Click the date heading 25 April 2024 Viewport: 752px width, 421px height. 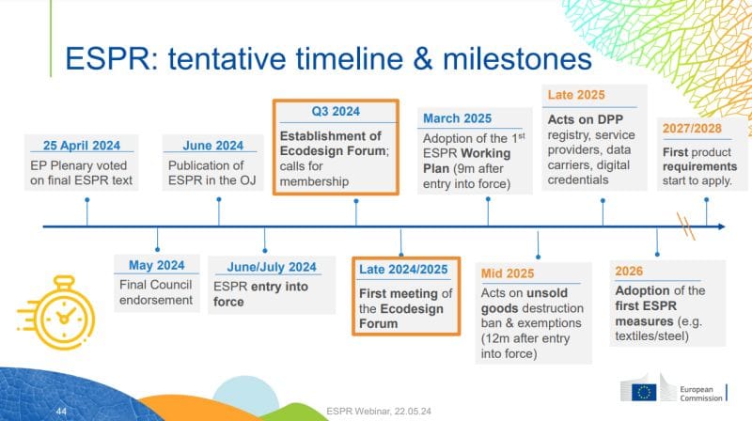(x=82, y=146)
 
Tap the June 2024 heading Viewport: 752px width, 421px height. (x=213, y=146)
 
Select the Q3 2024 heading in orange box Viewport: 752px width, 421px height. (x=336, y=111)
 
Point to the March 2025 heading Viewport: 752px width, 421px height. (x=457, y=118)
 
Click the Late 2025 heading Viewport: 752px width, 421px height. (x=576, y=95)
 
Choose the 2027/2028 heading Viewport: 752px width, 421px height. (x=692, y=129)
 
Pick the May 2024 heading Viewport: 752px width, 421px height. (x=156, y=265)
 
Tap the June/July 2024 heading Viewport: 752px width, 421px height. (x=272, y=267)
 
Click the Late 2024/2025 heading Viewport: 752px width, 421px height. (x=403, y=270)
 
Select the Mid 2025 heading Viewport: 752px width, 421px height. (x=508, y=273)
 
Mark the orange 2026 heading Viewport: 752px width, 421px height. (x=629, y=272)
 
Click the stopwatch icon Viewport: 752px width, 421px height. (x=56, y=312)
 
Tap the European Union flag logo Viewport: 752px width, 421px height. (x=644, y=392)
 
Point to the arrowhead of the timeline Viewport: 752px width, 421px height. (x=721, y=226)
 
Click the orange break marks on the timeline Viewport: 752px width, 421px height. (x=686, y=226)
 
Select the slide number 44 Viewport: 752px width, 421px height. (x=61, y=412)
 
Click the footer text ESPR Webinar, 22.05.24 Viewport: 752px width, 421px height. (x=379, y=412)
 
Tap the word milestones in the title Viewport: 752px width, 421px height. (x=517, y=58)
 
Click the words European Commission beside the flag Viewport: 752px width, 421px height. (x=700, y=394)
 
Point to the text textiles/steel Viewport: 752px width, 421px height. (x=651, y=336)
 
